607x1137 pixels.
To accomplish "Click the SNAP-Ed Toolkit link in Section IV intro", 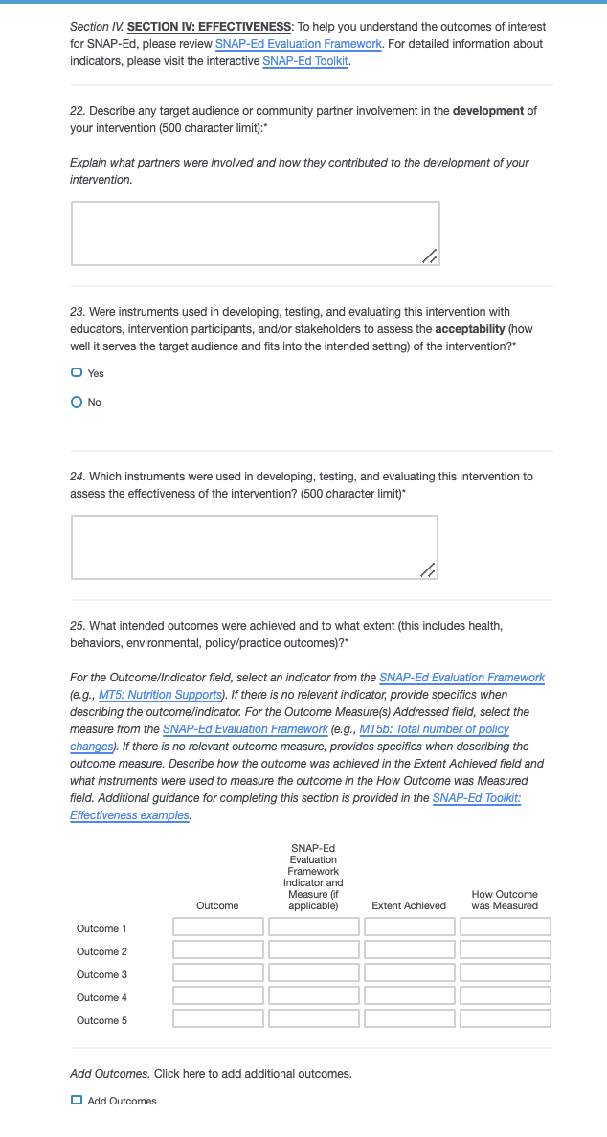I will [x=305, y=61].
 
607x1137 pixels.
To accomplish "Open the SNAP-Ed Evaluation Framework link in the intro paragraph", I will [x=298, y=44].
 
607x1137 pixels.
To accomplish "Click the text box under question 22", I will [x=255, y=233].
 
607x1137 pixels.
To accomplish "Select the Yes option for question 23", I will [x=77, y=373].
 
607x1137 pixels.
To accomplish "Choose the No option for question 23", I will [x=77, y=403].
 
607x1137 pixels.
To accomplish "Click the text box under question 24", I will [x=254, y=546].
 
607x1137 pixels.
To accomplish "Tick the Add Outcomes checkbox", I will [x=77, y=1101].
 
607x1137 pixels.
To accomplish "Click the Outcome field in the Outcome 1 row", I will [x=217, y=926].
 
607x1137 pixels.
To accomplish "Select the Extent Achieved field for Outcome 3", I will [x=409, y=972].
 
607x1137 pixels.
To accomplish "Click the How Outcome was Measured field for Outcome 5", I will [x=505, y=1018].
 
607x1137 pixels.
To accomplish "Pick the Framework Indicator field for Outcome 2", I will [x=313, y=949].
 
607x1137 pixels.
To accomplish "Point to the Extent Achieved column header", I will [x=409, y=905].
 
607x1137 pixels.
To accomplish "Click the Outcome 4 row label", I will [x=101, y=997].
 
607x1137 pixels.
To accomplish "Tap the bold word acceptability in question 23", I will [x=470, y=329].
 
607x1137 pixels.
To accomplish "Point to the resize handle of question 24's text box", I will [x=429, y=570].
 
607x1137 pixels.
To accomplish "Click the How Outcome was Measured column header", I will [x=505, y=900].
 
